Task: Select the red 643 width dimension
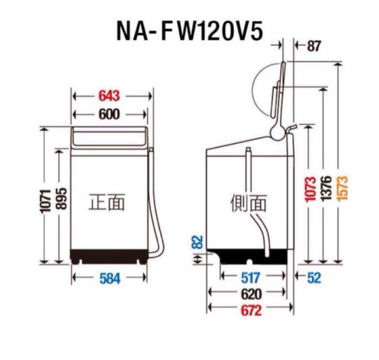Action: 109,95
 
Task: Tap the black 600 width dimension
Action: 109,114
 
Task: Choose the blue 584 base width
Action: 110,278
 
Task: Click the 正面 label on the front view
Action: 106,202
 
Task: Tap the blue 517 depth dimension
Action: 250,278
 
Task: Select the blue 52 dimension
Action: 313,278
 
